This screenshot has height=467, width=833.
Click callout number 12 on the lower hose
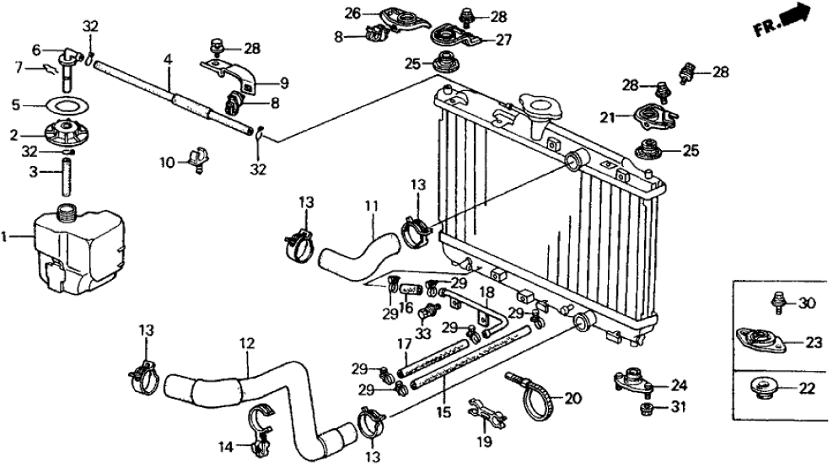click(246, 343)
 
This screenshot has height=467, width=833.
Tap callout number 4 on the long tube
click(168, 62)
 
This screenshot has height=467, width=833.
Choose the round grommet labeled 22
click(762, 389)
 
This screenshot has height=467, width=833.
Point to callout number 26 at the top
click(352, 13)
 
